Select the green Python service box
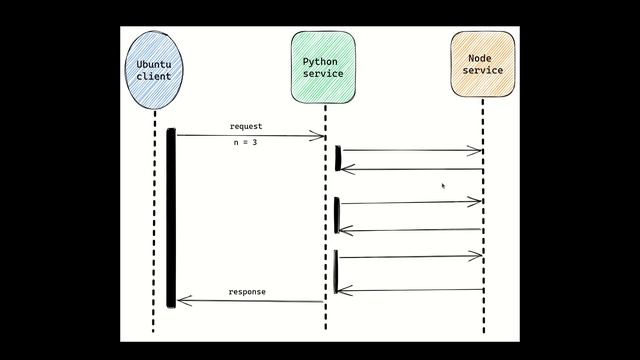coord(323,66)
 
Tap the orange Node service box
coord(483,64)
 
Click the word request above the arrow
coord(246,127)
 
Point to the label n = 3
coord(246,143)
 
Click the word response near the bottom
coord(247,292)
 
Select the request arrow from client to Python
coord(250,136)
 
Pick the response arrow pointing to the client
coord(250,300)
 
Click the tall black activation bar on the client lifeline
coord(171,215)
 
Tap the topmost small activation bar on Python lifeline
coord(338,158)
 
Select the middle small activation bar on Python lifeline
coord(337,213)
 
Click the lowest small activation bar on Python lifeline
coord(336,271)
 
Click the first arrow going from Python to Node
coord(410,151)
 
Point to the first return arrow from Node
coord(410,169)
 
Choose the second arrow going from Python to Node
coord(410,203)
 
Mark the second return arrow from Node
coord(410,230)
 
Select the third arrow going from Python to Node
coord(410,257)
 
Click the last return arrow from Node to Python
coord(410,291)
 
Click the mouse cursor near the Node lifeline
coord(443,185)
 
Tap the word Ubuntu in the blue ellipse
coord(154,64)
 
